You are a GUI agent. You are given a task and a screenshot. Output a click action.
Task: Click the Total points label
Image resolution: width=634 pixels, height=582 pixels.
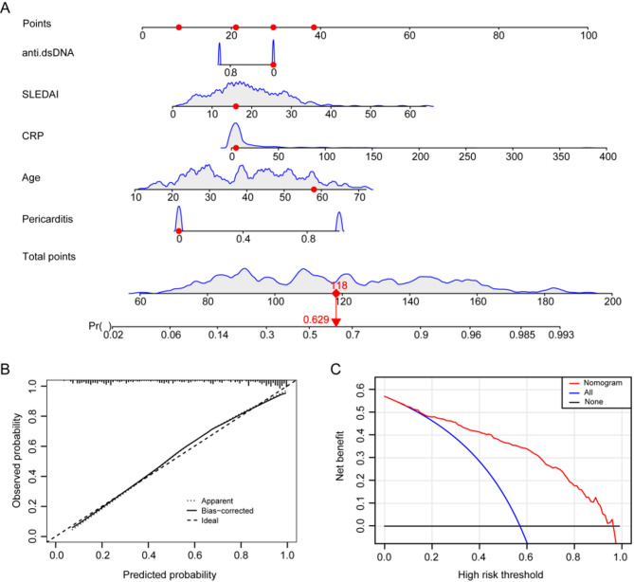[x=53, y=256]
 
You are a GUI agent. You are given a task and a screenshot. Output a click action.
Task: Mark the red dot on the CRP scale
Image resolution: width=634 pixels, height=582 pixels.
[x=235, y=149]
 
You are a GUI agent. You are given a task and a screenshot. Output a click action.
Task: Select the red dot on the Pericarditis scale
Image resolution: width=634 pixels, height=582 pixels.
[x=178, y=231]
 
